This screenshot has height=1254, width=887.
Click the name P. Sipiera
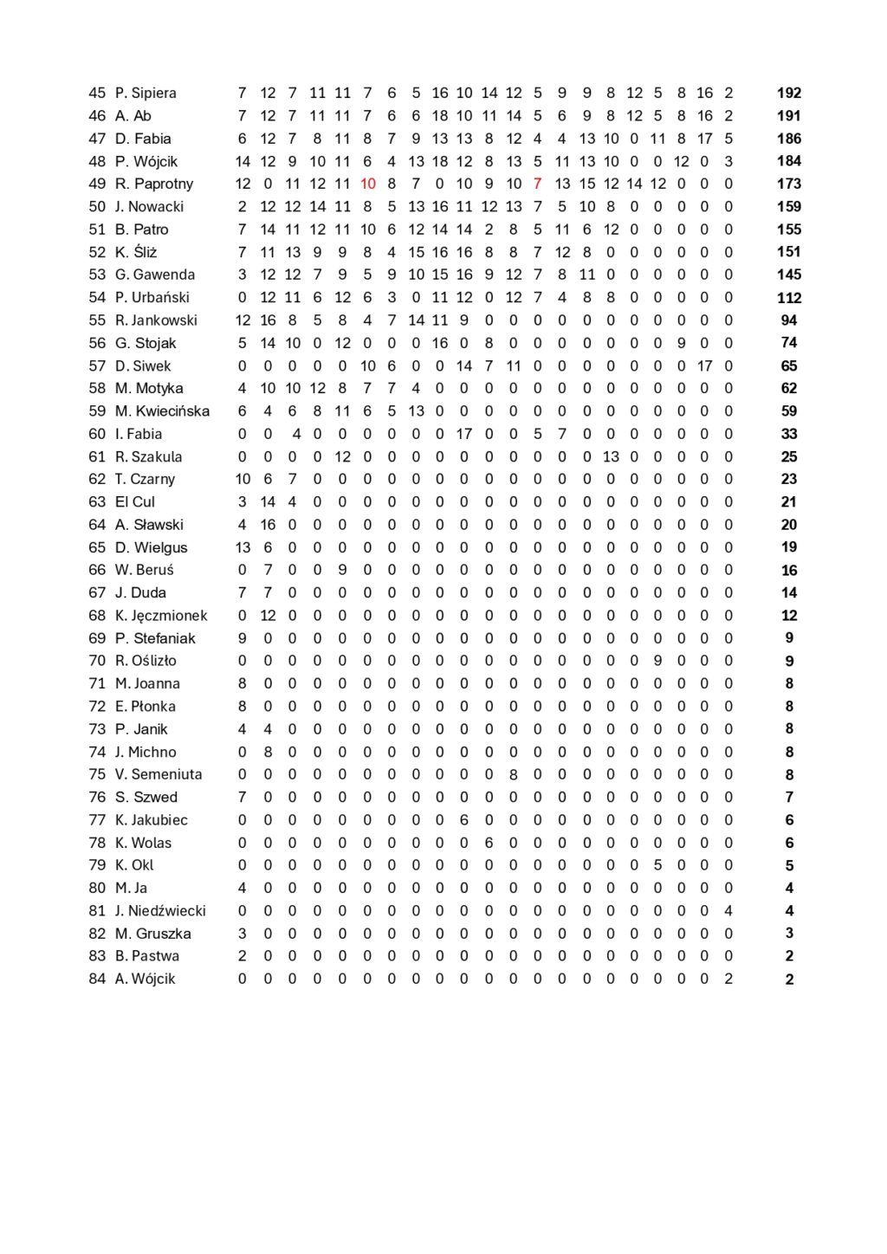click(x=146, y=93)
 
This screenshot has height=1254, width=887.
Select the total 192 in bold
click(x=788, y=93)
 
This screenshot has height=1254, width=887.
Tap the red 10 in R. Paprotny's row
click(x=367, y=184)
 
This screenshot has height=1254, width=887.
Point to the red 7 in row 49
click(x=538, y=184)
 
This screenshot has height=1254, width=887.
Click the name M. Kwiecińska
click(x=162, y=410)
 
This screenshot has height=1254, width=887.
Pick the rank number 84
click(x=97, y=979)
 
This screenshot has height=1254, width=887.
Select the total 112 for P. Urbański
click(x=788, y=297)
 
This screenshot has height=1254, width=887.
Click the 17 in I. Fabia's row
click(x=464, y=434)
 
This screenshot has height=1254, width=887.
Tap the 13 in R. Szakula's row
click(x=611, y=456)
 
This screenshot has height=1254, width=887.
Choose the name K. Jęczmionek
click(x=161, y=615)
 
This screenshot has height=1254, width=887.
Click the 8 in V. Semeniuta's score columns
click(x=514, y=774)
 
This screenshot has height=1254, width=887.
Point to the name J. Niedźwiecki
click(x=160, y=910)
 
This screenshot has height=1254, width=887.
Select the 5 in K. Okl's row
click(x=658, y=865)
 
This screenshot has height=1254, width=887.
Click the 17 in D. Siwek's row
click(x=704, y=365)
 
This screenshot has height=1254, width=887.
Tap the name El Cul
click(x=134, y=501)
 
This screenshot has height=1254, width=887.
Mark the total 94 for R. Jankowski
click(x=788, y=320)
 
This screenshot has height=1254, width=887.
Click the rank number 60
click(x=97, y=434)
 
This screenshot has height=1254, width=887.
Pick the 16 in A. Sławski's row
click(x=268, y=524)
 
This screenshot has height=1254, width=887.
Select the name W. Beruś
click(x=144, y=570)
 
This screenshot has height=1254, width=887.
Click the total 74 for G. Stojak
click(x=788, y=343)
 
